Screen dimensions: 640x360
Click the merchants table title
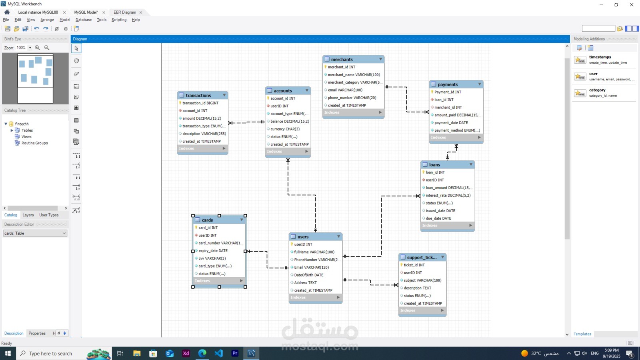click(342, 60)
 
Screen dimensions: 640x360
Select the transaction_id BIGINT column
click(200, 103)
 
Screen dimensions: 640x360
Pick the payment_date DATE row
click(451, 123)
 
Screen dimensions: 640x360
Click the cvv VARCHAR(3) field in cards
click(212, 258)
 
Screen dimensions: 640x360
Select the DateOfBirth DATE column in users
click(308, 275)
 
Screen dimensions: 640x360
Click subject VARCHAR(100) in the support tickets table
click(422, 280)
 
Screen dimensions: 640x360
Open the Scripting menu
click(119, 20)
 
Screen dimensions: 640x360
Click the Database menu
click(84, 20)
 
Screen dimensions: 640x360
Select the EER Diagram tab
click(124, 12)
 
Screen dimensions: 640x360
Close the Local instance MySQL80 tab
click(64, 12)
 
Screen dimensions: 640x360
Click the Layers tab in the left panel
click(28, 215)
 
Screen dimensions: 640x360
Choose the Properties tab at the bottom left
click(37, 334)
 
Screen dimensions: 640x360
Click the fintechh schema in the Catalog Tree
click(22, 124)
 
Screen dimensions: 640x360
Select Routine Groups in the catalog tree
click(34, 143)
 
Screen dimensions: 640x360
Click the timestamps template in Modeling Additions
click(600, 57)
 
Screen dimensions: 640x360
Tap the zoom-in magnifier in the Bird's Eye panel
click(38, 48)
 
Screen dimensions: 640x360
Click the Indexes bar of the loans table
click(448, 226)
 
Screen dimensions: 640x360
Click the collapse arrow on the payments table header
click(480, 84)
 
